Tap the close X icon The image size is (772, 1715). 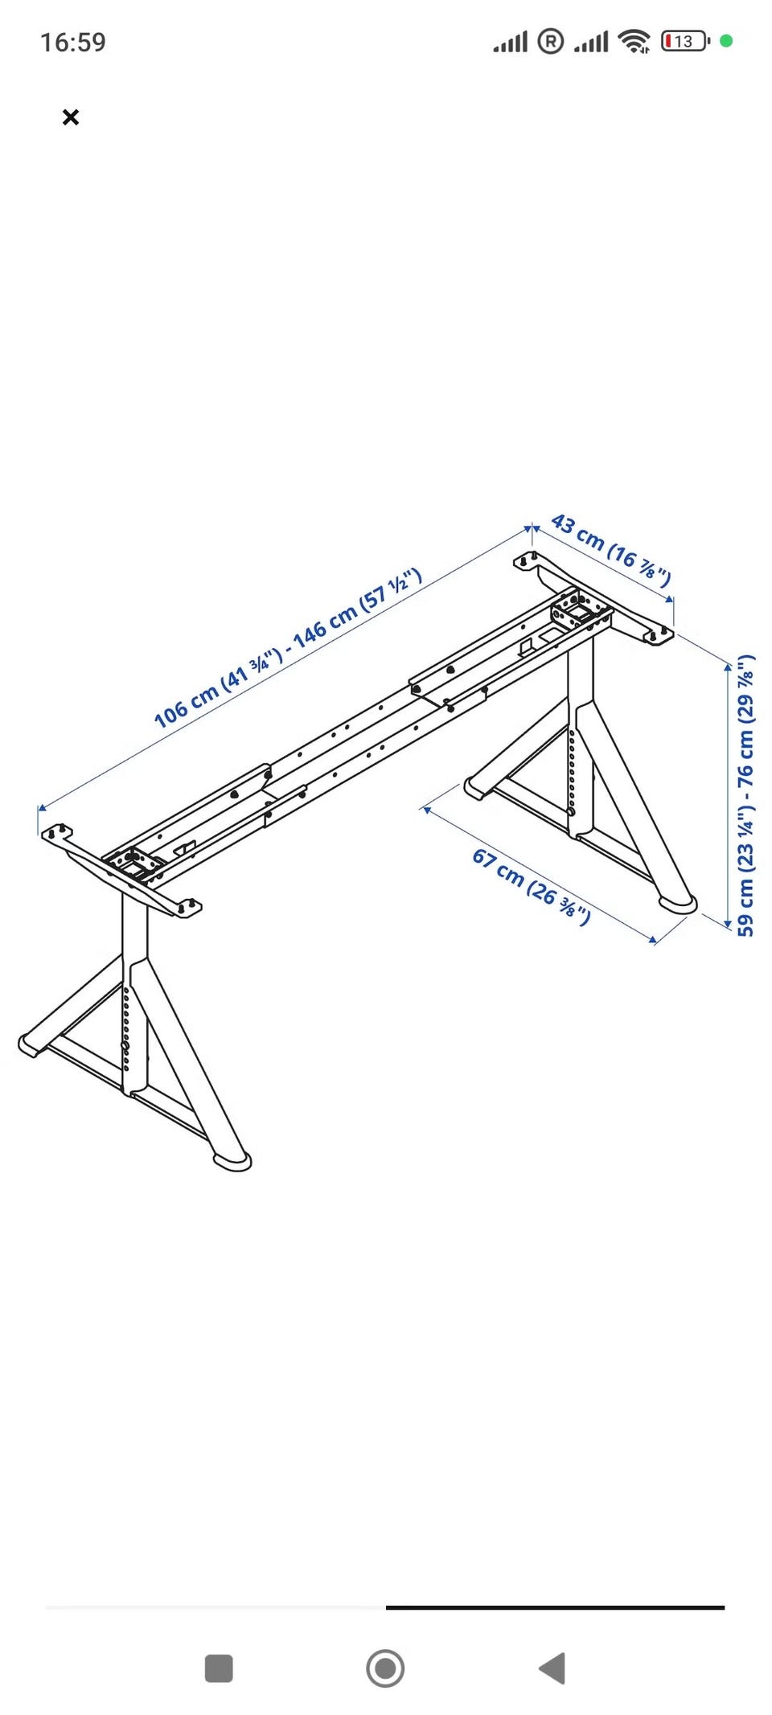point(71,117)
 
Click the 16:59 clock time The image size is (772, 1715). point(73,42)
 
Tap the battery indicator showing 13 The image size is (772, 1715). point(685,41)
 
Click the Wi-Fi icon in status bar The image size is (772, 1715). point(636,41)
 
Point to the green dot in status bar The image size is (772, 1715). point(726,41)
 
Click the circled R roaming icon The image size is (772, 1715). point(550,41)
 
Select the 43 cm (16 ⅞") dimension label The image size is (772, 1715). point(611,550)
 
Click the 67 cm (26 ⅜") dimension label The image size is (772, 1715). point(531,887)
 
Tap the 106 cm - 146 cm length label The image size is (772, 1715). point(288,647)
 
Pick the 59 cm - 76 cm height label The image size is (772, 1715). point(745,794)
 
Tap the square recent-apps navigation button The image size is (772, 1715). point(219,1668)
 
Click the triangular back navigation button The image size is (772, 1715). point(552,1668)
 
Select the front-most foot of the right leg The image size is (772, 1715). point(677,904)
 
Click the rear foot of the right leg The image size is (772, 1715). point(478,788)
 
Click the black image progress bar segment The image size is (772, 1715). point(555,1607)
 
